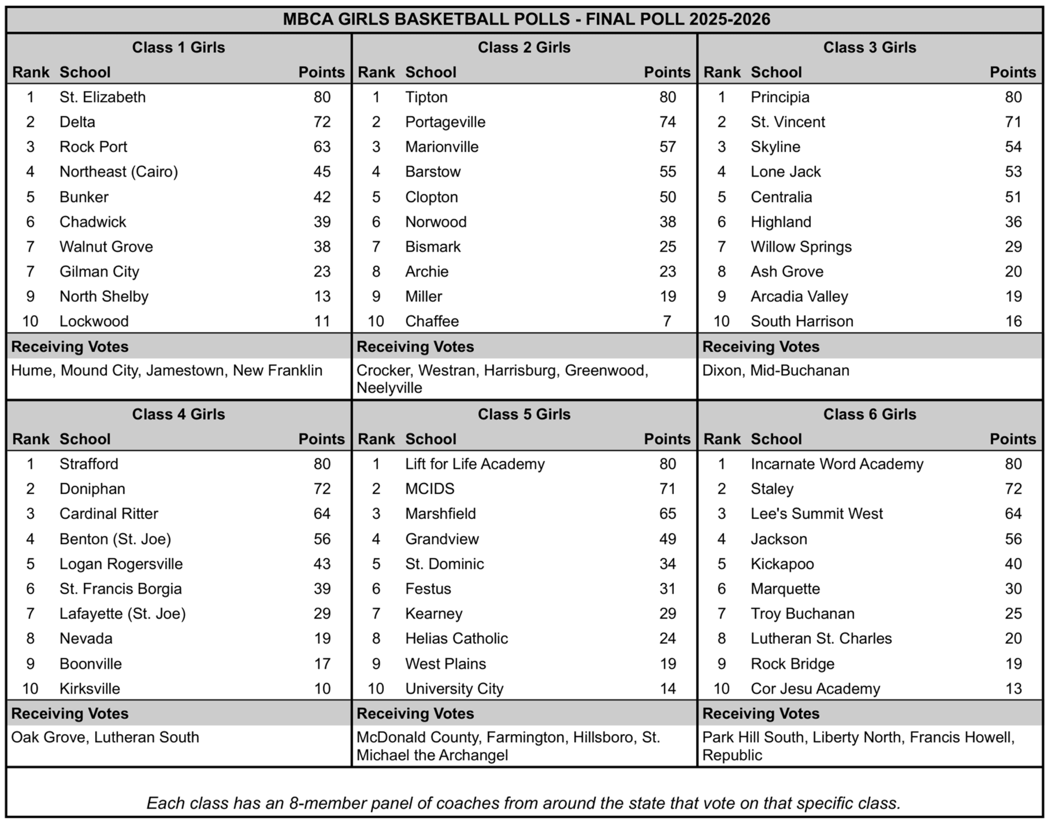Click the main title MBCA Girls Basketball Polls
pyautogui.click(x=526, y=19)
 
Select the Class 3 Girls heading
pyautogui.click(x=869, y=47)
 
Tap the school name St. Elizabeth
pyautogui.click(x=102, y=97)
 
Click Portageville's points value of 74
pyautogui.click(x=667, y=122)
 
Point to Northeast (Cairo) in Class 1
pyautogui.click(x=119, y=171)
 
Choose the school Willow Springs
pyautogui.click(x=801, y=247)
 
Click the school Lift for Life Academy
pyautogui.click(x=475, y=464)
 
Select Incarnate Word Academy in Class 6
pyautogui.click(x=836, y=464)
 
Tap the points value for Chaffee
pyautogui.click(x=667, y=321)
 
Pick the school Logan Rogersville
pyautogui.click(x=121, y=564)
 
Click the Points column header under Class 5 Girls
pyautogui.click(x=667, y=439)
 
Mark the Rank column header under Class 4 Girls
pyautogui.click(x=30, y=439)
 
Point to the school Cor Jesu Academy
pyautogui.click(x=815, y=689)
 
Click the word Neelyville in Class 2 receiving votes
pyautogui.click(x=389, y=388)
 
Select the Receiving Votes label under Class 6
pyautogui.click(x=760, y=714)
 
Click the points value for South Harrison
pyautogui.click(x=1013, y=321)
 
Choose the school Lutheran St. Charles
pyautogui.click(x=821, y=638)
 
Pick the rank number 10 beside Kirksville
pyautogui.click(x=30, y=689)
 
